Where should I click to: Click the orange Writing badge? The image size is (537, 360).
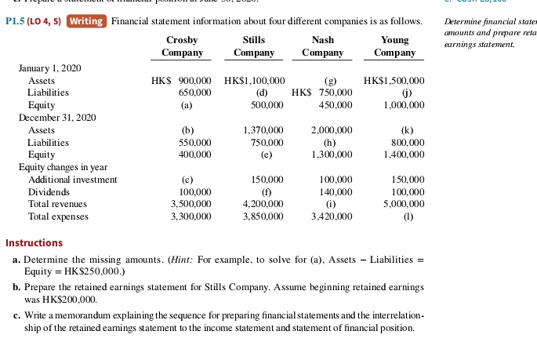click(x=87, y=21)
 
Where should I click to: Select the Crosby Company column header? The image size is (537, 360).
click(x=182, y=45)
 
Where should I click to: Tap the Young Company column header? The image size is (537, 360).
click(x=394, y=45)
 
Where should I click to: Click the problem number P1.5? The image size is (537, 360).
click(x=17, y=21)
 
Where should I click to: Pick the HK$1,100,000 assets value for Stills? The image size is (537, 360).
click(x=254, y=81)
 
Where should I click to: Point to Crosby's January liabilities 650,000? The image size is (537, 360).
click(x=195, y=93)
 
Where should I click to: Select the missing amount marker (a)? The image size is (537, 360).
click(x=187, y=104)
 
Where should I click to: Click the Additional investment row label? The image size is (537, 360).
click(x=72, y=180)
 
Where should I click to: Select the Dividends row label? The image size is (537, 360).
click(x=49, y=191)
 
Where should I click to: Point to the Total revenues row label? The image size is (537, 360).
click(x=59, y=203)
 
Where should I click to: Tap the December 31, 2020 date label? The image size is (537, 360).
click(x=56, y=117)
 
